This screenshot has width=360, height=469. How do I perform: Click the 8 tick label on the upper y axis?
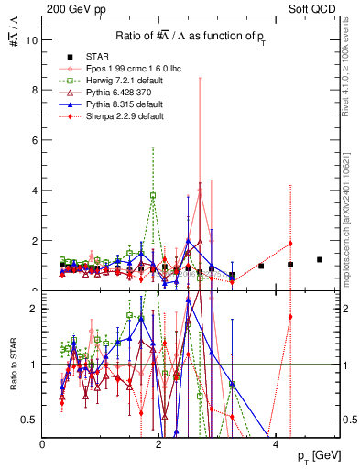coord(35,91)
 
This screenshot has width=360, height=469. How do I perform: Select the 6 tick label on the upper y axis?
coord(35,140)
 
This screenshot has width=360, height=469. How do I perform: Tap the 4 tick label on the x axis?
coord(275,443)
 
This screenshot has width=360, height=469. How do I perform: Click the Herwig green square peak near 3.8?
coord(153,195)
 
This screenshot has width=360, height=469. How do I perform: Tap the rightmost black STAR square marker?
coord(320,260)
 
